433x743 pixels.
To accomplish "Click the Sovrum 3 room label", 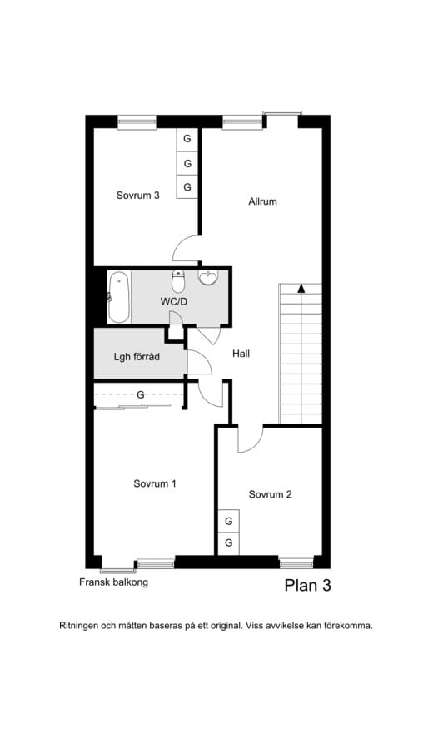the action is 137,196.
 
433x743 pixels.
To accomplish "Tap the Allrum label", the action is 262,201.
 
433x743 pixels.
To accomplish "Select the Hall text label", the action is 241,354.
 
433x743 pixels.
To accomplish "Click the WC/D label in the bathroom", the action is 173,302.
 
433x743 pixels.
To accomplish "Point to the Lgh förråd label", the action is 137,357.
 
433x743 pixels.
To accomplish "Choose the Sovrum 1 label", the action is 155,483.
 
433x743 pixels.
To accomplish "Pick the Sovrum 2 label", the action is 270,495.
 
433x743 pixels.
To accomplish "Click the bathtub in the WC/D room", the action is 118,298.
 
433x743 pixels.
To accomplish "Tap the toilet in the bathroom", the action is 178,281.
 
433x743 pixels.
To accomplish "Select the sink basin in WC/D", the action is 208,278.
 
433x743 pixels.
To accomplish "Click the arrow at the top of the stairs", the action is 301,288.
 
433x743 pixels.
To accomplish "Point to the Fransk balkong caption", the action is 113,582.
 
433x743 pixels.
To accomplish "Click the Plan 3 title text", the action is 308,586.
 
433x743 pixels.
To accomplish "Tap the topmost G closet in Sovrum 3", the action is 188,139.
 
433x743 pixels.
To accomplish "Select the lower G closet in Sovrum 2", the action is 229,543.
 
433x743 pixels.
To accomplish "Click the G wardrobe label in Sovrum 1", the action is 141,394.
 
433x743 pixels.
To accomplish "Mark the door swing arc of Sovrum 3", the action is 178,243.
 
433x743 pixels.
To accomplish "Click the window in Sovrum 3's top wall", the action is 137,122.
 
